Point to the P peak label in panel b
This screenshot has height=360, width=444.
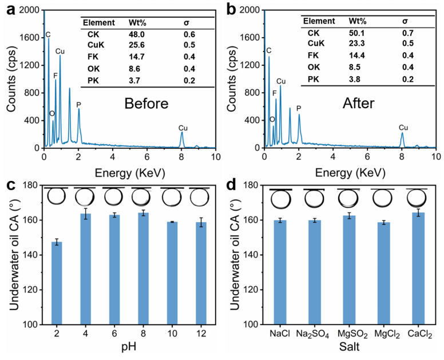(x=298, y=108)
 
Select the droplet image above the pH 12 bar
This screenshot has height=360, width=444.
(x=199, y=197)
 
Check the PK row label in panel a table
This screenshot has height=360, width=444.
(x=93, y=81)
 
